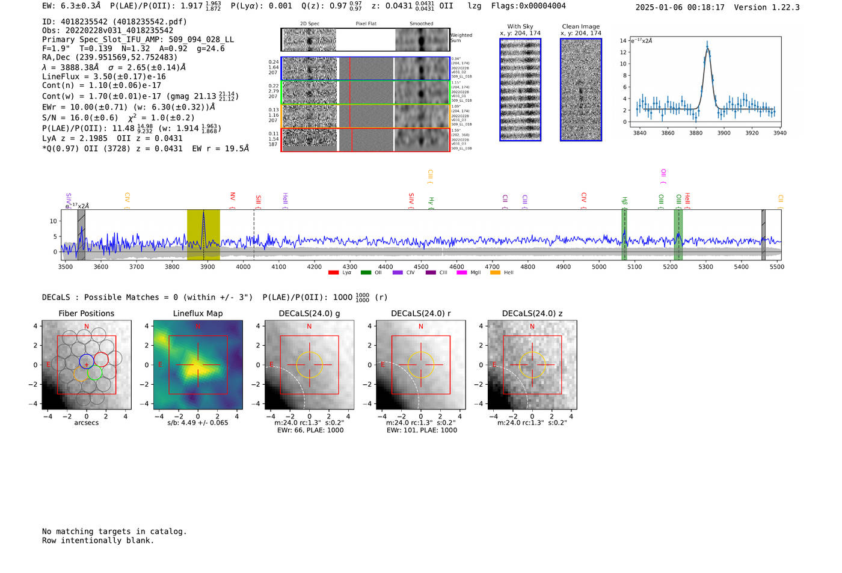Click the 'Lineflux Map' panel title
point(197,313)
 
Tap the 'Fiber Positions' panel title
point(86,313)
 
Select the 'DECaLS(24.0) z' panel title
point(532,313)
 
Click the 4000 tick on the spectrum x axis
point(243,266)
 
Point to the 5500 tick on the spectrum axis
point(776,266)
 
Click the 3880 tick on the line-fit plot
point(696,133)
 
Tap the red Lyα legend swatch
point(333,273)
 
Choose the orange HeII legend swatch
point(495,273)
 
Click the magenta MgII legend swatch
point(462,273)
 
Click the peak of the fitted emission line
point(707,48)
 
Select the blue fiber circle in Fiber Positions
point(87,361)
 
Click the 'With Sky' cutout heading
point(520,26)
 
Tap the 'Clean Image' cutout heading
point(580,26)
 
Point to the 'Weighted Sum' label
point(461,38)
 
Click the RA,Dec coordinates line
point(109,58)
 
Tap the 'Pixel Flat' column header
point(366,23)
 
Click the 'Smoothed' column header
point(421,23)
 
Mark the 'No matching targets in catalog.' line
point(114,532)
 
